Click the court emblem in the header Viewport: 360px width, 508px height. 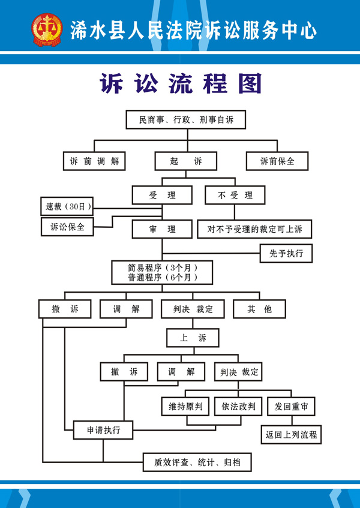(47, 29)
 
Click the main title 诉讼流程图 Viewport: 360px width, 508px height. (180, 85)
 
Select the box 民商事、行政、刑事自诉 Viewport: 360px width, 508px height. (186, 120)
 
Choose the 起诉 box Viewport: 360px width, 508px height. (186, 161)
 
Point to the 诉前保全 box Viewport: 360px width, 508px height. (277, 161)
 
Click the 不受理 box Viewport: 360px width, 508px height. (235, 195)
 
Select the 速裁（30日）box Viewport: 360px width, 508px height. (67, 207)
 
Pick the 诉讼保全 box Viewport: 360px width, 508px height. (67, 227)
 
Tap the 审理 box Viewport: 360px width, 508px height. (162, 229)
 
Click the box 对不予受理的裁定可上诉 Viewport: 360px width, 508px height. (255, 229)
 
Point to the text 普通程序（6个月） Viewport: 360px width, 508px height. (162, 278)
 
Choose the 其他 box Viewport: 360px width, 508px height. (260, 309)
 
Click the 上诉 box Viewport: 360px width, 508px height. (193, 338)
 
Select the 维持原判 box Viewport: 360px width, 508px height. (186, 407)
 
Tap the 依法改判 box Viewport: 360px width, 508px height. (238, 407)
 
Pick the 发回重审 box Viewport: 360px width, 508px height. (292, 407)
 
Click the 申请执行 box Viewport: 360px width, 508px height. (103, 430)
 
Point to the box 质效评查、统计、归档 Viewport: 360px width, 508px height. (197, 462)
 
